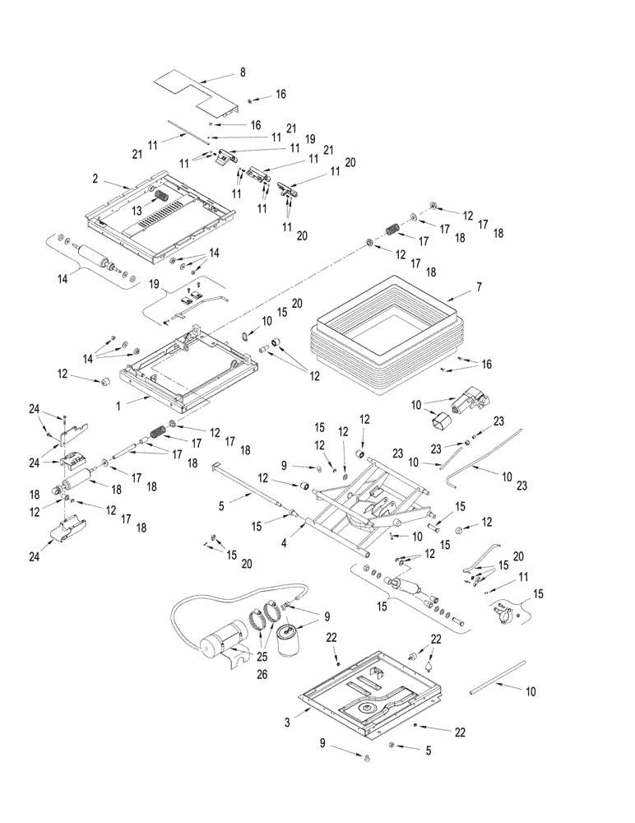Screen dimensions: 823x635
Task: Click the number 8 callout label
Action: point(243,73)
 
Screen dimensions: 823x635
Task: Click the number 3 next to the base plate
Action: point(285,723)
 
